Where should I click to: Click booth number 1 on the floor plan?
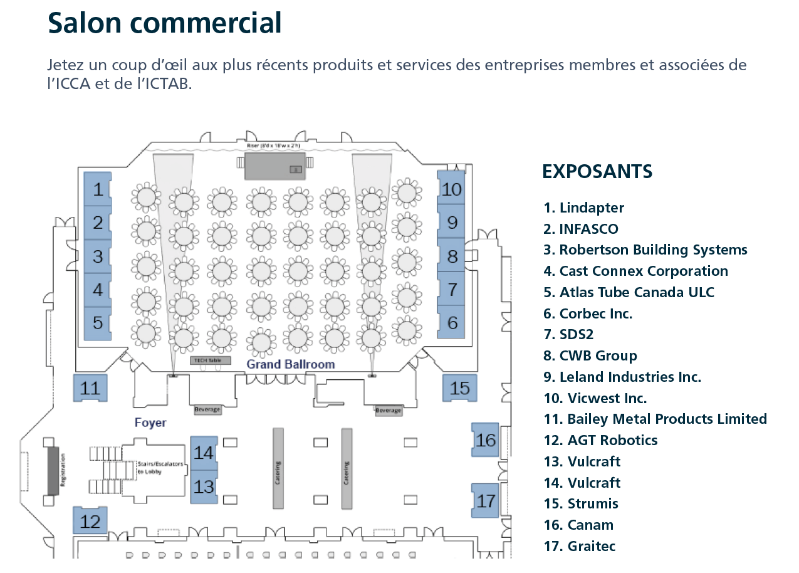point(98,189)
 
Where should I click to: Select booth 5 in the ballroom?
point(98,323)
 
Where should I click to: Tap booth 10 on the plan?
point(451,189)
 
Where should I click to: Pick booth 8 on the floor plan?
point(452,256)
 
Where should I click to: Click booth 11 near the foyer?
point(90,388)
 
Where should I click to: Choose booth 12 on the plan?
point(90,521)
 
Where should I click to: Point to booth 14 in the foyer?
point(204,453)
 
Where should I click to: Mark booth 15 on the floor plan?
point(460,388)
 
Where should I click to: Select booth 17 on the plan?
point(486,501)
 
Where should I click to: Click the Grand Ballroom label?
point(291,364)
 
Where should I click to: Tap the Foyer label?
point(150,423)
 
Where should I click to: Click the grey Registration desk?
point(53,470)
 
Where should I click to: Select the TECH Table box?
point(211,360)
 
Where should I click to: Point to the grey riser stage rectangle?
point(274,166)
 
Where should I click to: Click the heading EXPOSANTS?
point(597,171)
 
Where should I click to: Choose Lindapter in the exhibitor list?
point(584,208)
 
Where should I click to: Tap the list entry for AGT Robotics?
point(601,440)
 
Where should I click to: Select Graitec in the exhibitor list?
point(580,546)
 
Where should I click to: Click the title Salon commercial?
point(165,23)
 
